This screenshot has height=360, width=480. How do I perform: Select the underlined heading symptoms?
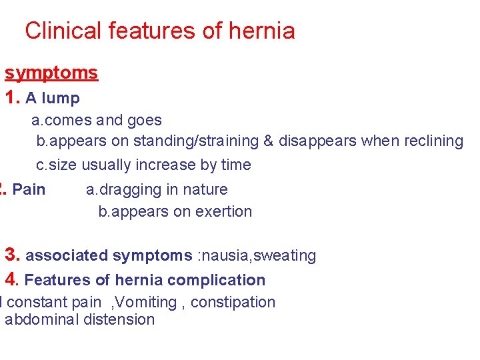[x=51, y=73]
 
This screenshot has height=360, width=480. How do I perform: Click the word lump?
[x=61, y=99]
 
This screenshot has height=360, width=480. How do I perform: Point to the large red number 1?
[x=11, y=98]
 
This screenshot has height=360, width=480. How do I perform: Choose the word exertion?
[x=224, y=212]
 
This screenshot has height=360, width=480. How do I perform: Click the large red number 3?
[x=11, y=255]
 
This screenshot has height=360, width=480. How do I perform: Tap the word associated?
[x=67, y=255]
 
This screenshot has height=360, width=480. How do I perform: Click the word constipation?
[x=233, y=303]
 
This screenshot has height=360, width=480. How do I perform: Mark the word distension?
[x=119, y=320]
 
